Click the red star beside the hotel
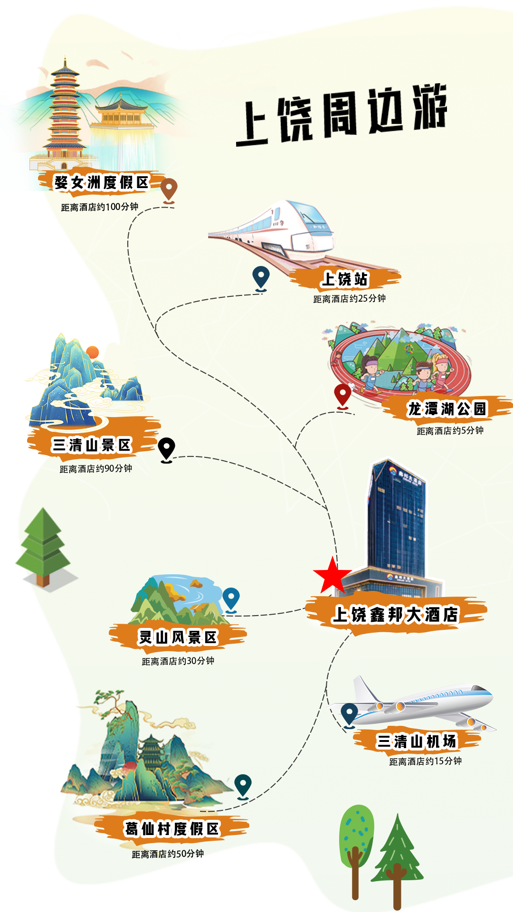332,576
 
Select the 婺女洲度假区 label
101,182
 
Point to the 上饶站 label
345,279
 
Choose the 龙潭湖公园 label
446,409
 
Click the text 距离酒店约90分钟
96,469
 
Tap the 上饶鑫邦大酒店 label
395,614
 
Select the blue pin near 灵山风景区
231,598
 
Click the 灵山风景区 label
178,637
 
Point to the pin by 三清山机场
349,713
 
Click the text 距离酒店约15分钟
425,761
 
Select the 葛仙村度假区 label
171,829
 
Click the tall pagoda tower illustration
64,114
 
